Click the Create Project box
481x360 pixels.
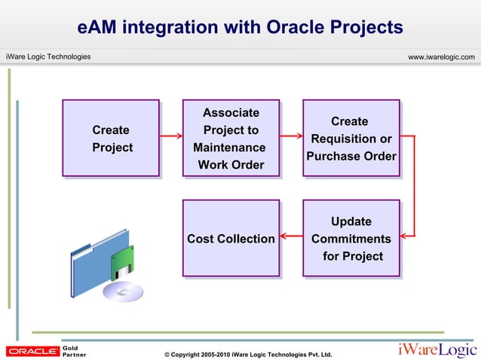pyautogui.click(x=110, y=139)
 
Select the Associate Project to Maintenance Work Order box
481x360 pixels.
pyautogui.click(x=231, y=139)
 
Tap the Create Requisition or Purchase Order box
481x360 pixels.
pyautogui.click(x=351, y=139)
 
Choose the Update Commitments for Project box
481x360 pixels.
pyautogui.click(x=351, y=239)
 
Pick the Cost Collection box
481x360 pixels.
pyautogui.click(x=231, y=239)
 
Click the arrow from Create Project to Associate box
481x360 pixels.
pyautogui.click(x=170, y=136)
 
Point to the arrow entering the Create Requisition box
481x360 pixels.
pyautogui.click(x=291, y=136)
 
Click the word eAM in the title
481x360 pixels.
pyautogui.click(x=98, y=28)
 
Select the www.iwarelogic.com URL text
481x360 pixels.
pyautogui.click(x=440, y=57)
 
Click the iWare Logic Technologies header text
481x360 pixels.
pyautogui.click(x=48, y=57)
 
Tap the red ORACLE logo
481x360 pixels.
pyautogui.click(x=32, y=351)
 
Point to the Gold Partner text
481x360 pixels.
pyautogui.click(x=75, y=351)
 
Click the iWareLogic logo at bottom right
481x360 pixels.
pyautogui.click(x=437, y=350)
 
